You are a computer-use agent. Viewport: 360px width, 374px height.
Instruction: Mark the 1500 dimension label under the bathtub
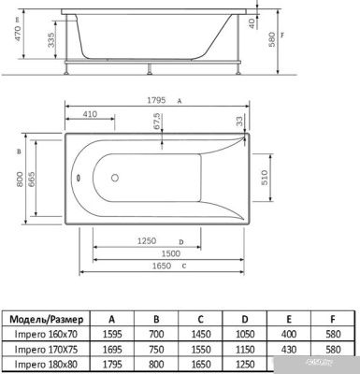(x=170, y=252)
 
